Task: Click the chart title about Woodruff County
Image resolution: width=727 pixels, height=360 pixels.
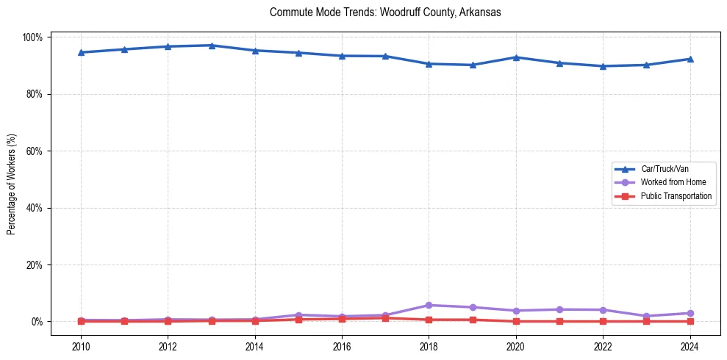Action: pos(385,12)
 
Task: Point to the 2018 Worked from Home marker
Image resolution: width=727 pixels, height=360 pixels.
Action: pos(429,305)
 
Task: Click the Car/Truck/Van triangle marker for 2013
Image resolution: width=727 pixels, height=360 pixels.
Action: pos(212,46)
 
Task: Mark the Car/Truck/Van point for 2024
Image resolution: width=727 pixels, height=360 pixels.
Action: pos(690,59)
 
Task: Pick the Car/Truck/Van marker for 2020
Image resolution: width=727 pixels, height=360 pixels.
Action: pos(516,57)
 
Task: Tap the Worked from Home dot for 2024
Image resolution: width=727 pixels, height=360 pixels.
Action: pos(690,313)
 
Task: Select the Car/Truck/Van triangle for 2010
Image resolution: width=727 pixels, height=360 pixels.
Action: pos(81,52)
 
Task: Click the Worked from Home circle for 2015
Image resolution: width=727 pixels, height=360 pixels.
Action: pos(298,315)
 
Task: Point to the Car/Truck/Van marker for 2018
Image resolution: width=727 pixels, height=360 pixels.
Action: pos(429,64)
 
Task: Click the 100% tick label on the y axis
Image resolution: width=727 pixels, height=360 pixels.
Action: pos(35,37)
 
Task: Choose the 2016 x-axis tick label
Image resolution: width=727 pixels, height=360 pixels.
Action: pos(342,345)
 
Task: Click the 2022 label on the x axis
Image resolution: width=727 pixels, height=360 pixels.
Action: pos(603,345)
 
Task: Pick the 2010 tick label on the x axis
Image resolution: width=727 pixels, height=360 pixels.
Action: pos(81,345)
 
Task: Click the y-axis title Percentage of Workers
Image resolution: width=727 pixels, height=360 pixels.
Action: pos(12,179)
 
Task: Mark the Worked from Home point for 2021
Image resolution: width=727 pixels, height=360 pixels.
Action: pos(559,309)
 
